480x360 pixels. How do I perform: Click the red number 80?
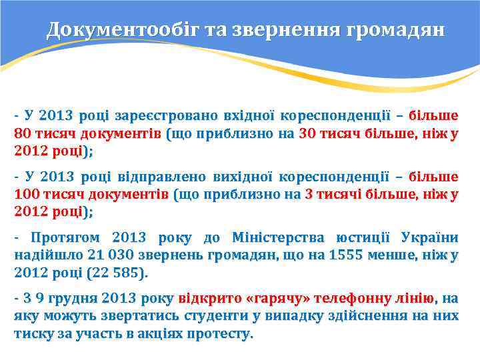[23, 133]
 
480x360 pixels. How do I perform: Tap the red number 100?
[27, 195]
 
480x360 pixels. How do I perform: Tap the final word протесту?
[222, 333]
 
